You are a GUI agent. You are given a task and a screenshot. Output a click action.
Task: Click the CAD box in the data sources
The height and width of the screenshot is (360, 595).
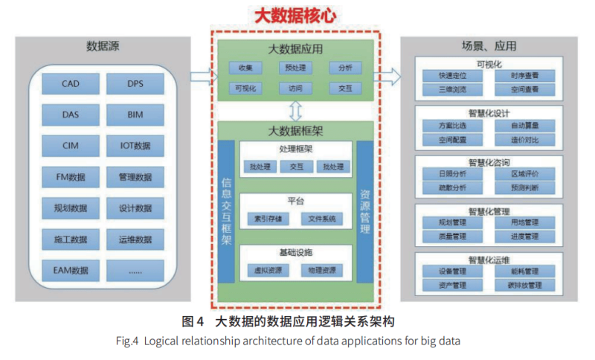[x=70, y=84]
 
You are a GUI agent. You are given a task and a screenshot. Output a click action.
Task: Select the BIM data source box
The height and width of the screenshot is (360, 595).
[x=135, y=115]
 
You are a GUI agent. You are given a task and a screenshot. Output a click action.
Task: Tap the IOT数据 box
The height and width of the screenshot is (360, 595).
[x=135, y=146]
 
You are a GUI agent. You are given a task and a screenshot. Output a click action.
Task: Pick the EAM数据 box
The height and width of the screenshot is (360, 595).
[x=70, y=270]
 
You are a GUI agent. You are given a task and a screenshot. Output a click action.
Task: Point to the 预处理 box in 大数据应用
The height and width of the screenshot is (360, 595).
[x=296, y=68]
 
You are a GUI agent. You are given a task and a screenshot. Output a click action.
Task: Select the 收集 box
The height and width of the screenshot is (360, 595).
[x=246, y=68]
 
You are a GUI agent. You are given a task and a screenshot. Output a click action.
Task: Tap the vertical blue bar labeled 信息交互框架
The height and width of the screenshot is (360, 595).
[x=227, y=210]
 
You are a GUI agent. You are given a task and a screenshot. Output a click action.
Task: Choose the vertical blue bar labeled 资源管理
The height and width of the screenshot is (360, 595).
[x=364, y=210]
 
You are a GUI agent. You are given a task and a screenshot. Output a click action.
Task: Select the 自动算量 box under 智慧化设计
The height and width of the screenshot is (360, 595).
[x=524, y=126]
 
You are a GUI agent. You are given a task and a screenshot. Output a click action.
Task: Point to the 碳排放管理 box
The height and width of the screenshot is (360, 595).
[x=524, y=285]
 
